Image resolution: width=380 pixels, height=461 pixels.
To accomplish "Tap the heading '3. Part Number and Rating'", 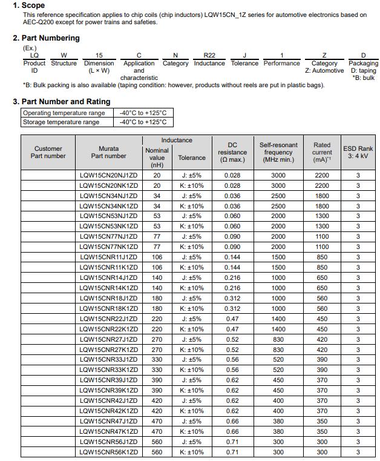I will click(62, 102).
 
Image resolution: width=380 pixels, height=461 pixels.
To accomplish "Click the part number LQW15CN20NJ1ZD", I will click(109, 175).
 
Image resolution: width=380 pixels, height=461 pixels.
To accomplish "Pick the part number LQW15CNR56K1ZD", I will click(109, 452).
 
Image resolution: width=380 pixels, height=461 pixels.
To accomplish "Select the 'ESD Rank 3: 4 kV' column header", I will click(358, 152).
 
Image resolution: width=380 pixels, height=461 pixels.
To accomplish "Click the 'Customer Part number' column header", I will click(48, 152).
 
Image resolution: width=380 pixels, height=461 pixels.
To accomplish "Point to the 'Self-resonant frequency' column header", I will click(278, 152).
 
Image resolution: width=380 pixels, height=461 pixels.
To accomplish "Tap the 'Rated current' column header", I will click(322, 152).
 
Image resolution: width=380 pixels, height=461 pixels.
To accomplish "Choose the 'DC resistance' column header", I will click(232, 152).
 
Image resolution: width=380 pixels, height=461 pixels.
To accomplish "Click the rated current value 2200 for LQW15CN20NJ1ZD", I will click(322, 175).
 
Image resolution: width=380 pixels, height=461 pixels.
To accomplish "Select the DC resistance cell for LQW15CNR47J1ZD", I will click(232, 421).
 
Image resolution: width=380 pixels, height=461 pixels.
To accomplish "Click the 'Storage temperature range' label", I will click(61, 122).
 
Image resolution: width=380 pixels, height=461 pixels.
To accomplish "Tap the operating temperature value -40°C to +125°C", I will click(143, 113).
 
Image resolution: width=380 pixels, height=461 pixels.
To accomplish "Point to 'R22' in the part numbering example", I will click(209, 55).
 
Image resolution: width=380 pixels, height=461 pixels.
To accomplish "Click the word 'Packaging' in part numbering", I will click(363, 63).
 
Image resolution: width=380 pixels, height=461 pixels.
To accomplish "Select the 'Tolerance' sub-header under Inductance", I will click(192, 158).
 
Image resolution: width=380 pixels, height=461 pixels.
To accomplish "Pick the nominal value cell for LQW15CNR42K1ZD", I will click(157, 411).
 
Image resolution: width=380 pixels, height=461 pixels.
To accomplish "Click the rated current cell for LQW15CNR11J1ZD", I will click(322, 257).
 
